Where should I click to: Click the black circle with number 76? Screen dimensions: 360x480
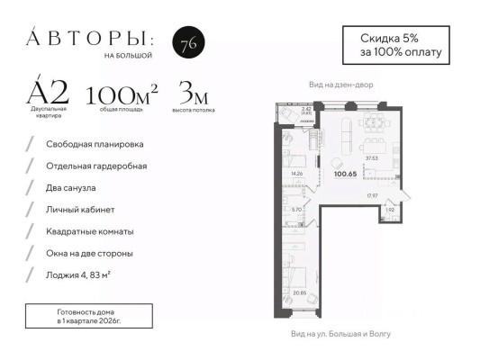point(186,45)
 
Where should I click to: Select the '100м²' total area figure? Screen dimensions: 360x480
point(122,94)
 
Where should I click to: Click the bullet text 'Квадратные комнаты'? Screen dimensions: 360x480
point(92,230)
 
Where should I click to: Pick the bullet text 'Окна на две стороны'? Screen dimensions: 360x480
point(90,252)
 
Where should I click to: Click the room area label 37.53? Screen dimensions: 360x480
point(371,158)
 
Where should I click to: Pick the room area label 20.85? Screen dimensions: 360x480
point(296,292)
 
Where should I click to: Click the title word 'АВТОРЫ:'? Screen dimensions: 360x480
point(90,39)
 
